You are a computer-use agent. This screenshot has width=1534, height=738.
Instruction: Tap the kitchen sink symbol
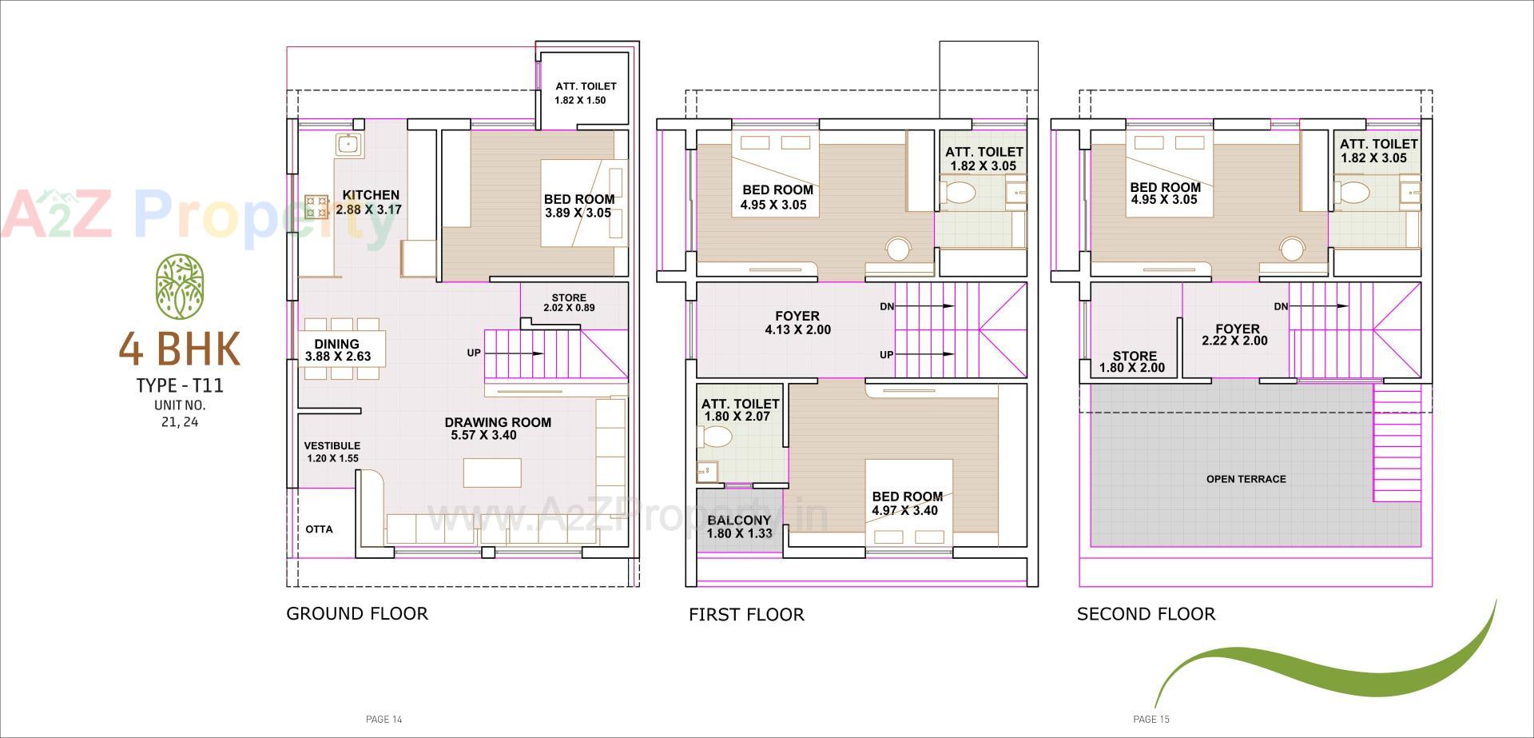348,145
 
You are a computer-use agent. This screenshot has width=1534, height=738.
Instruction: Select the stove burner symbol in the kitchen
316,207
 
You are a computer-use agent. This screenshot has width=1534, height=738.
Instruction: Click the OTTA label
319,529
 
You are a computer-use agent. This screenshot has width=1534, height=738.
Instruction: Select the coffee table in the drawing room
492,473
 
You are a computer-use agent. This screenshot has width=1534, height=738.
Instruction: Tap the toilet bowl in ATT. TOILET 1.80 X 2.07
716,437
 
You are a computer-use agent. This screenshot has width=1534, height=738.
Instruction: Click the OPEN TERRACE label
1246,479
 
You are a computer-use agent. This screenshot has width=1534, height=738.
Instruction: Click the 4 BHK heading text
180,348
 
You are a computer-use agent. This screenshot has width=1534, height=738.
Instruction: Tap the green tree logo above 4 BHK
179,285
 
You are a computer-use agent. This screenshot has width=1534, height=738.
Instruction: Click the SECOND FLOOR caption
1146,614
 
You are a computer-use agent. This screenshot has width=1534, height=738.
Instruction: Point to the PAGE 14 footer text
383,719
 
